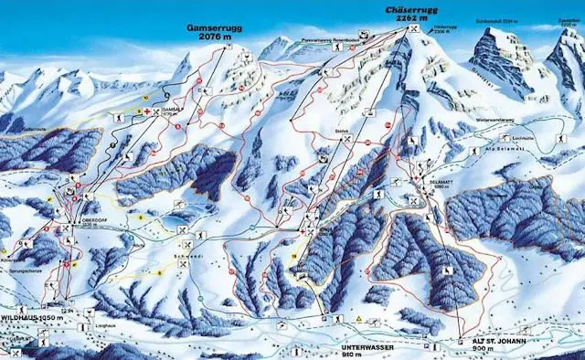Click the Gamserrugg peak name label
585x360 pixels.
(x=216, y=28)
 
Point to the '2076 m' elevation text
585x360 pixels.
(x=216, y=38)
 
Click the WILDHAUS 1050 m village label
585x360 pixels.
(x=34, y=316)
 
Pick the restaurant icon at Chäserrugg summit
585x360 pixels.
(x=416, y=29)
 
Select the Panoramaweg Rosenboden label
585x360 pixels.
(x=331, y=41)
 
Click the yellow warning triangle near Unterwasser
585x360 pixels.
(x=360, y=318)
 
